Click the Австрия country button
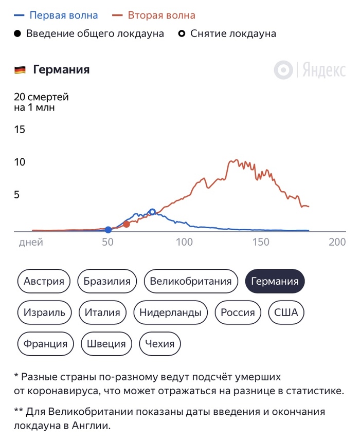(44, 281)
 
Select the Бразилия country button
(107, 281)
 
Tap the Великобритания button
(191, 281)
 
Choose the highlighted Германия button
(275, 281)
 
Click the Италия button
(102, 312)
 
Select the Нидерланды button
(170, 312)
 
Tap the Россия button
(238, 312)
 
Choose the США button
(286, 312)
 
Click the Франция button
(46, 344)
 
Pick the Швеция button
(106, 344)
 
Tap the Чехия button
(160, 344)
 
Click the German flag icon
(20, 70)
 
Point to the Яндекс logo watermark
(310, 70)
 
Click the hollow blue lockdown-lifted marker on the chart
(152, 212)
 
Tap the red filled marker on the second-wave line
(127, 224)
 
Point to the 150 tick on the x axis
(261, 243)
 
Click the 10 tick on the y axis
(20, 162)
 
